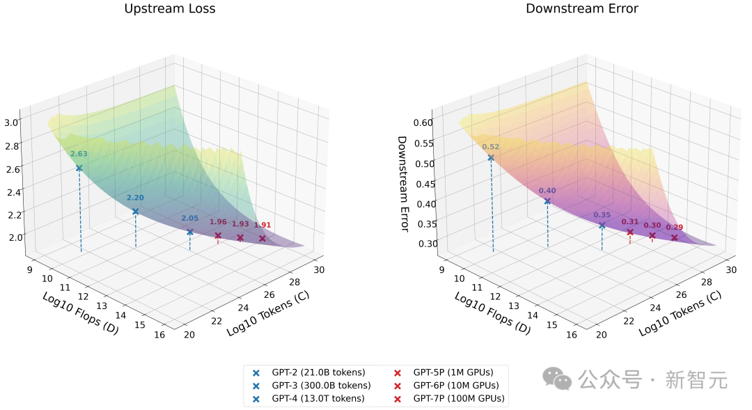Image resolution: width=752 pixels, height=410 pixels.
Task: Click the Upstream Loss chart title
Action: pyautogui.click(x=170, y=9)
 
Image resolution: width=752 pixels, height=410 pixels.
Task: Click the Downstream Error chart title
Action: pyautogui.click(x=581, y=9)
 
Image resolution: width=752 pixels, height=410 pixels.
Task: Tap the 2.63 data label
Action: pyautogui.click(x=79, y=154)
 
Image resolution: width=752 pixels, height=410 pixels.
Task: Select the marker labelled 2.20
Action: pyautogui.click(x=135, y=211)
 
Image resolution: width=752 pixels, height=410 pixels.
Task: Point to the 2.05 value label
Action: pyautogui.click(x=189, y=218)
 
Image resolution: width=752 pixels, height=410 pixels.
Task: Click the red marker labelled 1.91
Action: pyautogui.click(x=263, y=239)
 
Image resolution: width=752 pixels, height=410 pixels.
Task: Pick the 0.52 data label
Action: pyautogui.click(x=491, y=147)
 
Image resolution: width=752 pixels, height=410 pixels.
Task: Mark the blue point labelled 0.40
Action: pyautogui.click(x=547, y=201)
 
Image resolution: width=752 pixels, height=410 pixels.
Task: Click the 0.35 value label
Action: pyautogui.click(x=602, y=215)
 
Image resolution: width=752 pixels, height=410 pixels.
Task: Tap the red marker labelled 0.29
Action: pyautogui.click(x=674, y=237)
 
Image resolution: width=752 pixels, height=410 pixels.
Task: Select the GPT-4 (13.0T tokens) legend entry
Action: pyautogui.click(x=318, y=399)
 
